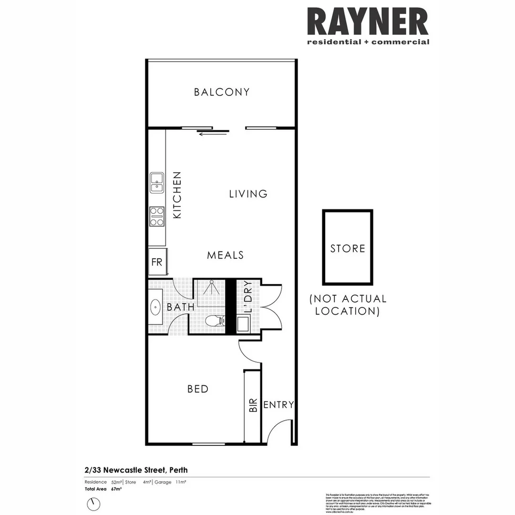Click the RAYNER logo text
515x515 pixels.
pyautogui.click(x=368, y=22)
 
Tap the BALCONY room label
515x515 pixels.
pyautogui.click(x=222, y=92)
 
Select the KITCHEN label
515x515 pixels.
pyautogui.click(x=177, y=195)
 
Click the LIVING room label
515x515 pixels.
pyautogui.click(x=248, y=194)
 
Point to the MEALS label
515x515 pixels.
pyautogui.click(x=226, y=255)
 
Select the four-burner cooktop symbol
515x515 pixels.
pyautogui.click(x=157, y=216)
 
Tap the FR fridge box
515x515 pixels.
pyautogui.click(x=157, y=262)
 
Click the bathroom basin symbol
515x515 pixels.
pyautogui.click(x=155, y=307)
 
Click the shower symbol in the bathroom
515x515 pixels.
pyautogui.click(x=211, y=288)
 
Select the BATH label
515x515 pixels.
pyautogui.click(x=181, y=307)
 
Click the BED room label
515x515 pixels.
pyautogui.click(x=198, y=389)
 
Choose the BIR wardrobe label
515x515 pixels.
pyautogui.click(x=253, y=405)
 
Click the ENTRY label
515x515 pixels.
pyautogui.click(x=278, y=405)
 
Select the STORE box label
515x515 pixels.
pyautogui.click(x=348, y=248)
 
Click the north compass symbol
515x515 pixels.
pyautogui.click(x=94, y=504)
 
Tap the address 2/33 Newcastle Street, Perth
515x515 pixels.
pyautogui.click(x=136, y=470)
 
